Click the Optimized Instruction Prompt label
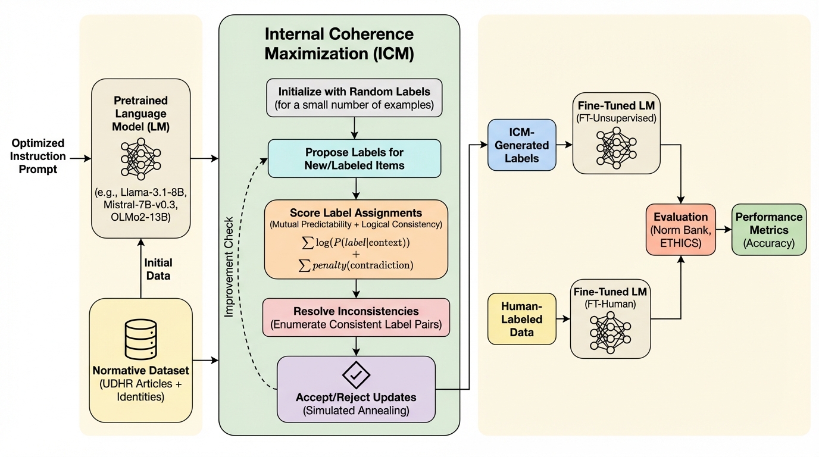tap(38, 156)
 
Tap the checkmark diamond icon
tap(356, 375)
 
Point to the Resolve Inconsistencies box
tap(356, 317)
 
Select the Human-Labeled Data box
tap(521, 318)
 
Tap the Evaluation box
tap(680, 230)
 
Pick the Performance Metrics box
tap(769, 230)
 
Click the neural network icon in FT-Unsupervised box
tap(616, 146)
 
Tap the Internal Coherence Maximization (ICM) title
tap(339, 43)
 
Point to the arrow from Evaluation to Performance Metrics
tap(723, 230)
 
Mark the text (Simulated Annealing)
tap(356, 410)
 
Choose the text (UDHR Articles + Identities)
tap(140, 390)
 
